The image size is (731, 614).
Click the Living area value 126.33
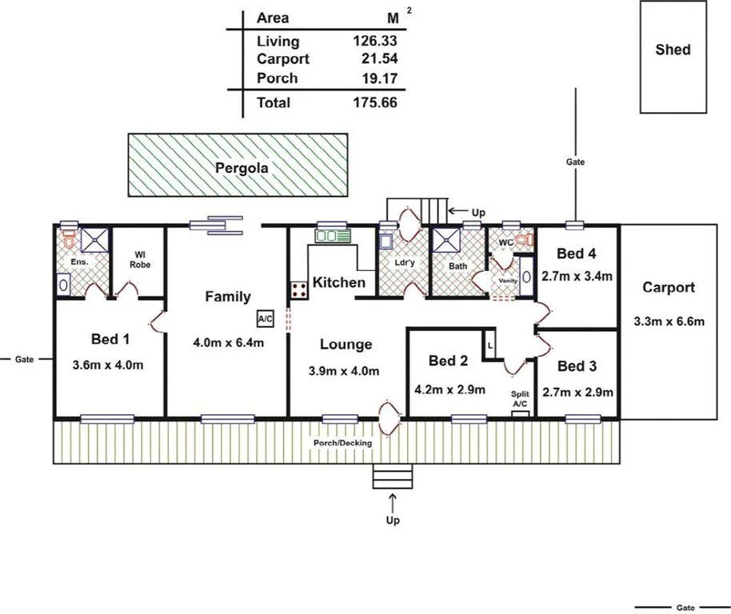click(375, 41)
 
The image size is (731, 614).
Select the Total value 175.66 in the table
click(375, 102)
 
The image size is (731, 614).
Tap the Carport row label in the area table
click(283, 59)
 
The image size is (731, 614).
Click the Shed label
click(673, 50)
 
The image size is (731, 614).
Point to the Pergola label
click(241, 168)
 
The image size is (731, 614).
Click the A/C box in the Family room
click(266, 318)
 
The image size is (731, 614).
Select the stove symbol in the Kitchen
click(300, 289)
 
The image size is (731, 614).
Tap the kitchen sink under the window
click(331, 236)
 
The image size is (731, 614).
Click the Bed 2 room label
click(448, 361)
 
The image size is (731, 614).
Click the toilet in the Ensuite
click(69, 238)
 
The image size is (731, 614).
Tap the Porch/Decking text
click(342, 443)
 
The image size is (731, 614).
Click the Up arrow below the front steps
click(393, 504)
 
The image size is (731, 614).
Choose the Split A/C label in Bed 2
click(520, 399)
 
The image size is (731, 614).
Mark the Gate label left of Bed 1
click(24, 359)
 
